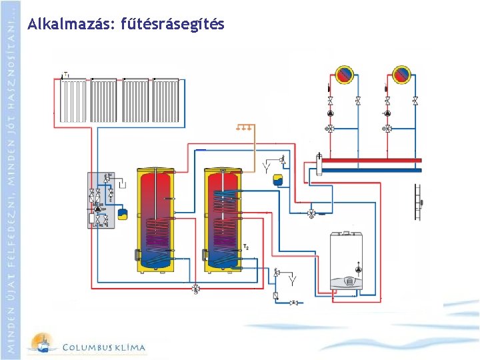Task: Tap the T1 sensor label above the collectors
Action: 66,73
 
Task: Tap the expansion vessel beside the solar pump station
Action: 123,213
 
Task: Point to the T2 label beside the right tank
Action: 246,248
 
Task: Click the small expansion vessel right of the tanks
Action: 279,180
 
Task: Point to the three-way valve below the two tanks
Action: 195,288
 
